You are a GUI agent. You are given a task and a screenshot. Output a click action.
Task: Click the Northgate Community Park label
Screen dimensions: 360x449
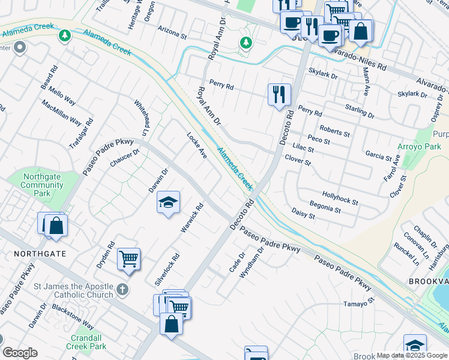pyautogui.click(x=42, y=185)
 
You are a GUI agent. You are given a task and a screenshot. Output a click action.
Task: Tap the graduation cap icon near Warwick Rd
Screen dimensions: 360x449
pyautogui.click(x=169, y=202)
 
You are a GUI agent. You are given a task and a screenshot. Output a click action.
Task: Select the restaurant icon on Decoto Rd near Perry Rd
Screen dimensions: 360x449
pyautogui.click(x=279, y=95)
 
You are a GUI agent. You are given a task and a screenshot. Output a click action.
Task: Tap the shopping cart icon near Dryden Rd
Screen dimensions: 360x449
pyautogui.click(x=128, y=259)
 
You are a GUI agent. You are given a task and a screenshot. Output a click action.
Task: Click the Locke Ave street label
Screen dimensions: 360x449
pyautogui.click(x=197, y=145)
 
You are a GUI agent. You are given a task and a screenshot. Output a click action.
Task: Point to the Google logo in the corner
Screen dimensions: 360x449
pyautogui.click(x=20, y=353)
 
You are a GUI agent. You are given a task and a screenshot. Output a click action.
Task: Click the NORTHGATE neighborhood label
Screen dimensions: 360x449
pyautogui.click(x=40, y=254)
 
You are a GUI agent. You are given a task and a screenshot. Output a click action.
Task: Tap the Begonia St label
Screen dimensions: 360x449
pyautogui.click(x=325, y=208)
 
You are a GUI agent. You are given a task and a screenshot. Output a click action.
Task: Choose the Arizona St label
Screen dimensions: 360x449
pyautogui.click(x=172, y=32)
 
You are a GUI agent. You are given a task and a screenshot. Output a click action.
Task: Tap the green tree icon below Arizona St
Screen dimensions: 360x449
pyautogui.click(x=245, y=43)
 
